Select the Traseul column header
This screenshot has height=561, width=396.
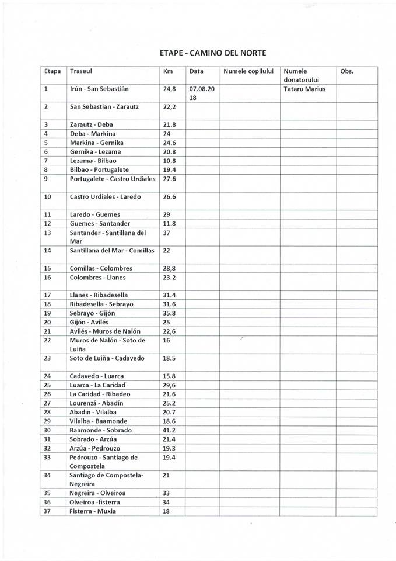[81, 71]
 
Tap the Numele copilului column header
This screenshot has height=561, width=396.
[248, 71]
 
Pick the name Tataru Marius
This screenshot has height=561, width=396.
[304, 89]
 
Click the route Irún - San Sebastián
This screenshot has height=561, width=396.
[99, 89]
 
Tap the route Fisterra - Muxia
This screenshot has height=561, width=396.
[93, 511]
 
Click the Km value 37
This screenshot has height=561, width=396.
[167, 233]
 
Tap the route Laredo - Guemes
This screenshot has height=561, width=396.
[94, 214]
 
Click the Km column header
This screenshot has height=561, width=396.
[169, 71]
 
